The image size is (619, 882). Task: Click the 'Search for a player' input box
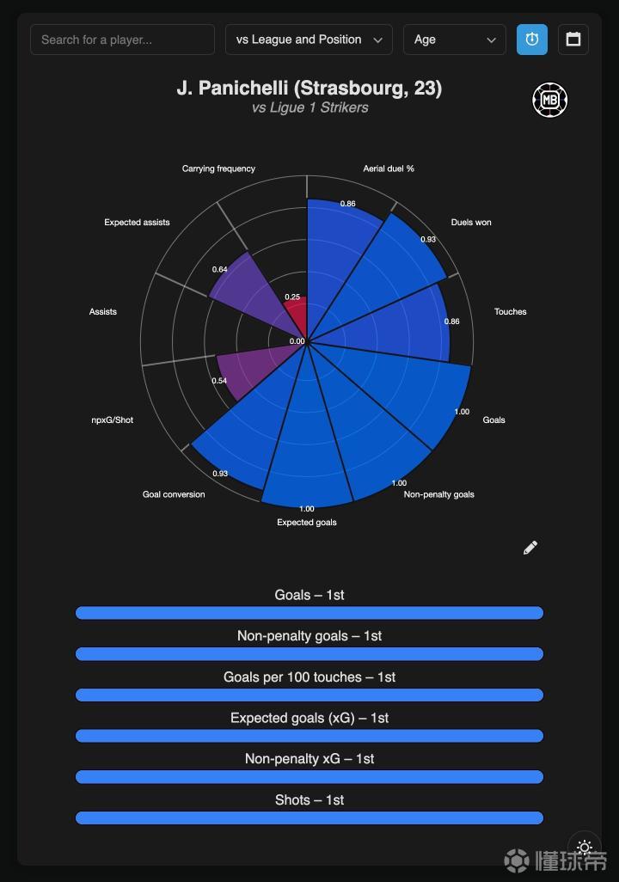(122, 40)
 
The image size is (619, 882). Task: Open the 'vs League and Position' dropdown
(309, 40)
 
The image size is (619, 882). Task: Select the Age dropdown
(455, 40)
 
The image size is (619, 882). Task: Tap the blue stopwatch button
(532, 40)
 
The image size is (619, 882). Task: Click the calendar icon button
(573, 40)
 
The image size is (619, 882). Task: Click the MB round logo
(549, 100)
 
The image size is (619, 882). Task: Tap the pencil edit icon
(530, 548)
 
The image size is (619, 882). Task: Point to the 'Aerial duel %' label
(389, 168)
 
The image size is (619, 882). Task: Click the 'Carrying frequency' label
(218, 168)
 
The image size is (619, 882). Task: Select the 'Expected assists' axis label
(137, 222)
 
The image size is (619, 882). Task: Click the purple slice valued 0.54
(245, 374)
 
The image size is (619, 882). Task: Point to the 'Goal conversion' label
(174, 494)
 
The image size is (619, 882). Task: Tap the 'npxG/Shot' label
(113, 420)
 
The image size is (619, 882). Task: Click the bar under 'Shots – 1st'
(309, 818)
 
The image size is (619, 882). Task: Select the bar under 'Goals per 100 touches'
(309, 695)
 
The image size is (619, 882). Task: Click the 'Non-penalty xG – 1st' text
(309, 758)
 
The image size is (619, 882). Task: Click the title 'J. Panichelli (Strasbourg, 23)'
(309, 89)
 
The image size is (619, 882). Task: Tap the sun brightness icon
(585, 848)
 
